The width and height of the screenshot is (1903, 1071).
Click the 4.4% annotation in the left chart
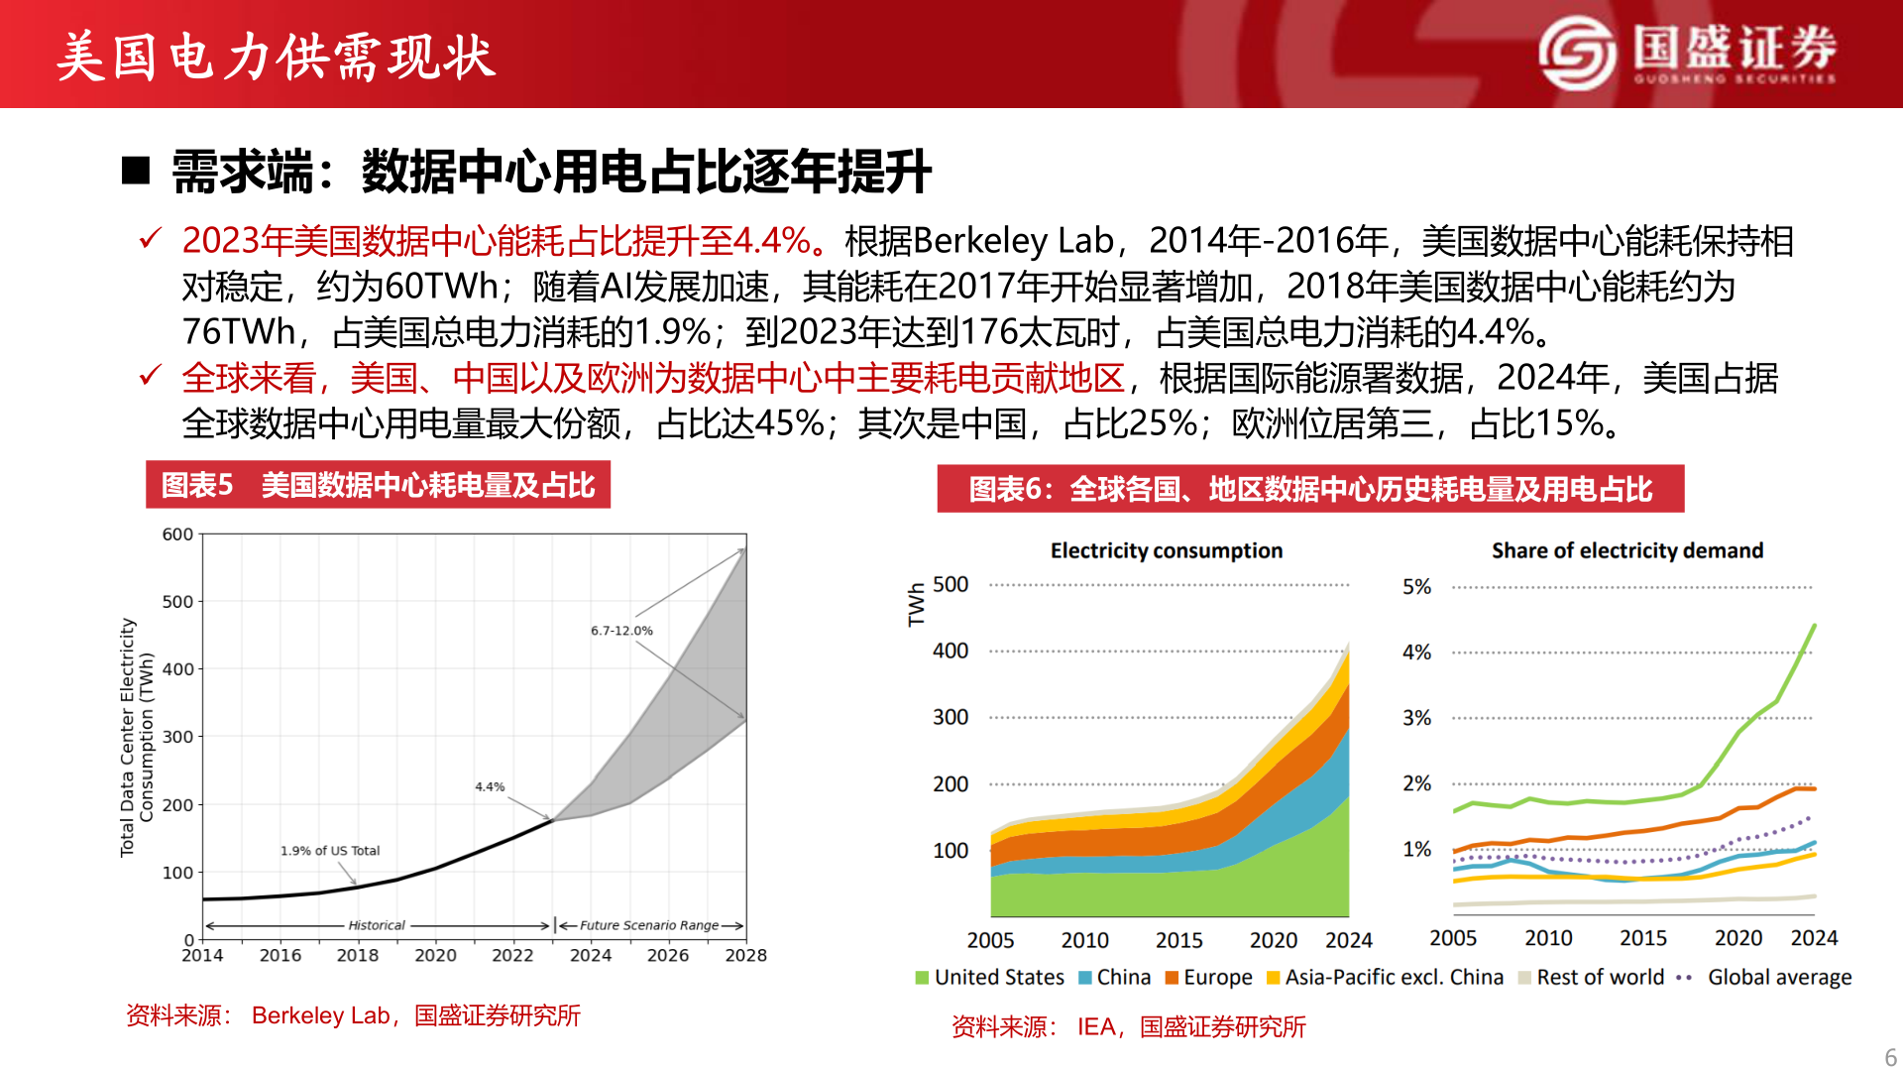coord(490,786)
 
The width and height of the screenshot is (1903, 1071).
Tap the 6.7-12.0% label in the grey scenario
coord(621,631)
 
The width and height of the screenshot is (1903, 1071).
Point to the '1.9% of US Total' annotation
coord(329,851)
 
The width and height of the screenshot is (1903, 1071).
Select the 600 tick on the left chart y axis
coord(177,535)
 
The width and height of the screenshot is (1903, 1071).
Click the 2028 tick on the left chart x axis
coord(745,955)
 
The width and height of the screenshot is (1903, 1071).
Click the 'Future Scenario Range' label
coord(649,925)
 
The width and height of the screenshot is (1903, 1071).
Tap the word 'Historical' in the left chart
coord(377,925)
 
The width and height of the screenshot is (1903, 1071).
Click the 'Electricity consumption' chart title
coord(1166,550)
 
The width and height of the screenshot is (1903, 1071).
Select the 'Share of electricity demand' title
coord(1626,550)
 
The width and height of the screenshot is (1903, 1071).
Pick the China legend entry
coord(1114,977)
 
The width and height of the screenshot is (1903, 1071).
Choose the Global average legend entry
coord(1766,977)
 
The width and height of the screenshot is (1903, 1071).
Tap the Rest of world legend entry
coord(1591,977)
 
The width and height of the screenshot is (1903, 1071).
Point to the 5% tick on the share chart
coord(1416,587)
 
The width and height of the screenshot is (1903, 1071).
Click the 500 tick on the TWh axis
coord(950,585)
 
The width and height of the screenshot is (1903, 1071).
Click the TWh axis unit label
coord(916,604)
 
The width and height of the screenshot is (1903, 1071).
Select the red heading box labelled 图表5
coord(378,485)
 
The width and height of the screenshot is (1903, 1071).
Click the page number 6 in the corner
coord(1890,1057)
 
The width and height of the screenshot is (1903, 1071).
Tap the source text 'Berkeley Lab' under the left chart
coord(320,1015)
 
